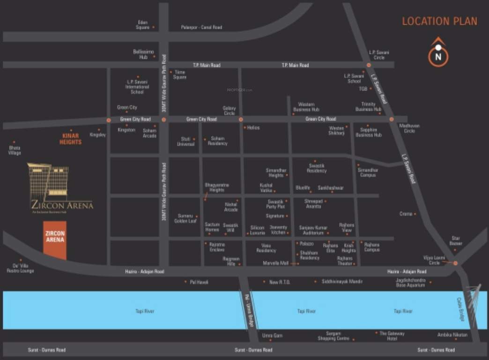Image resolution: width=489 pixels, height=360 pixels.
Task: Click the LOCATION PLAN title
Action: [x=439, y=21]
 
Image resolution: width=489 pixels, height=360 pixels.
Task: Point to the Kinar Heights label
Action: [x=70, y=139]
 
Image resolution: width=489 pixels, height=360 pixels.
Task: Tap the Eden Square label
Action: [x=142, y=24]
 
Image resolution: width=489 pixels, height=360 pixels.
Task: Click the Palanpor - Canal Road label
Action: [x=201, y=27]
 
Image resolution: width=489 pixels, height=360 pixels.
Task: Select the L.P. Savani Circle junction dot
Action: [x=369, y=65]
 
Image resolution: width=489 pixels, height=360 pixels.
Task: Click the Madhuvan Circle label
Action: [x=409, y=128]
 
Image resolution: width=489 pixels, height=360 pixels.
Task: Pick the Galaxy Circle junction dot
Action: [x=241, y=120]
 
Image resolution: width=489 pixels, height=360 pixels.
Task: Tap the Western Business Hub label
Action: [x=306, y=107]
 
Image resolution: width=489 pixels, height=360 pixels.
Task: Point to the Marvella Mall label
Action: [x=275, y=263]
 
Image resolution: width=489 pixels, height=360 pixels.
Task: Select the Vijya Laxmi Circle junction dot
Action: [x=455, y=263]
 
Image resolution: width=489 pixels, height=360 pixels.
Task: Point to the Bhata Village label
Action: [x=15, y=150]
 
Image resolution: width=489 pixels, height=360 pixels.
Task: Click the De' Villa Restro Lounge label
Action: [x=20, y=268]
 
